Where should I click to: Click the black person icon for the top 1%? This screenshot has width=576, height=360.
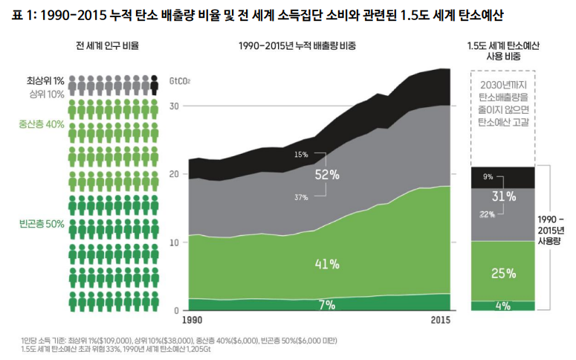[154, 83]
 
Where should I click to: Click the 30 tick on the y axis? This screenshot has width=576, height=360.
[175, 106]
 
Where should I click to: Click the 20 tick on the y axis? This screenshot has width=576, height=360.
[175, 174]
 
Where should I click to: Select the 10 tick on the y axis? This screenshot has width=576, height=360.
[175, 242]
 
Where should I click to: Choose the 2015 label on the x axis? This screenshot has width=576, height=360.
[441, 321]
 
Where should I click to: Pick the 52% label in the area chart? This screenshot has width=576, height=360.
[327, 175]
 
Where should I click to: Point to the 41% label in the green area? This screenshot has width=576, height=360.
[327, 263]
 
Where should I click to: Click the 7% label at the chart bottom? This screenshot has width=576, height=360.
[327, 304]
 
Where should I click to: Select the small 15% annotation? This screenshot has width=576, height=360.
[301, 155]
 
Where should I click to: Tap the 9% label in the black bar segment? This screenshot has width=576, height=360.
[488, 177]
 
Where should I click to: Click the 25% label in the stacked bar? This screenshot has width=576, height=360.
[503, 273]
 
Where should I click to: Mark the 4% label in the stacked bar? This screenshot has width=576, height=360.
[503, 305]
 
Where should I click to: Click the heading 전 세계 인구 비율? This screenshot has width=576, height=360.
[108, 46]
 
